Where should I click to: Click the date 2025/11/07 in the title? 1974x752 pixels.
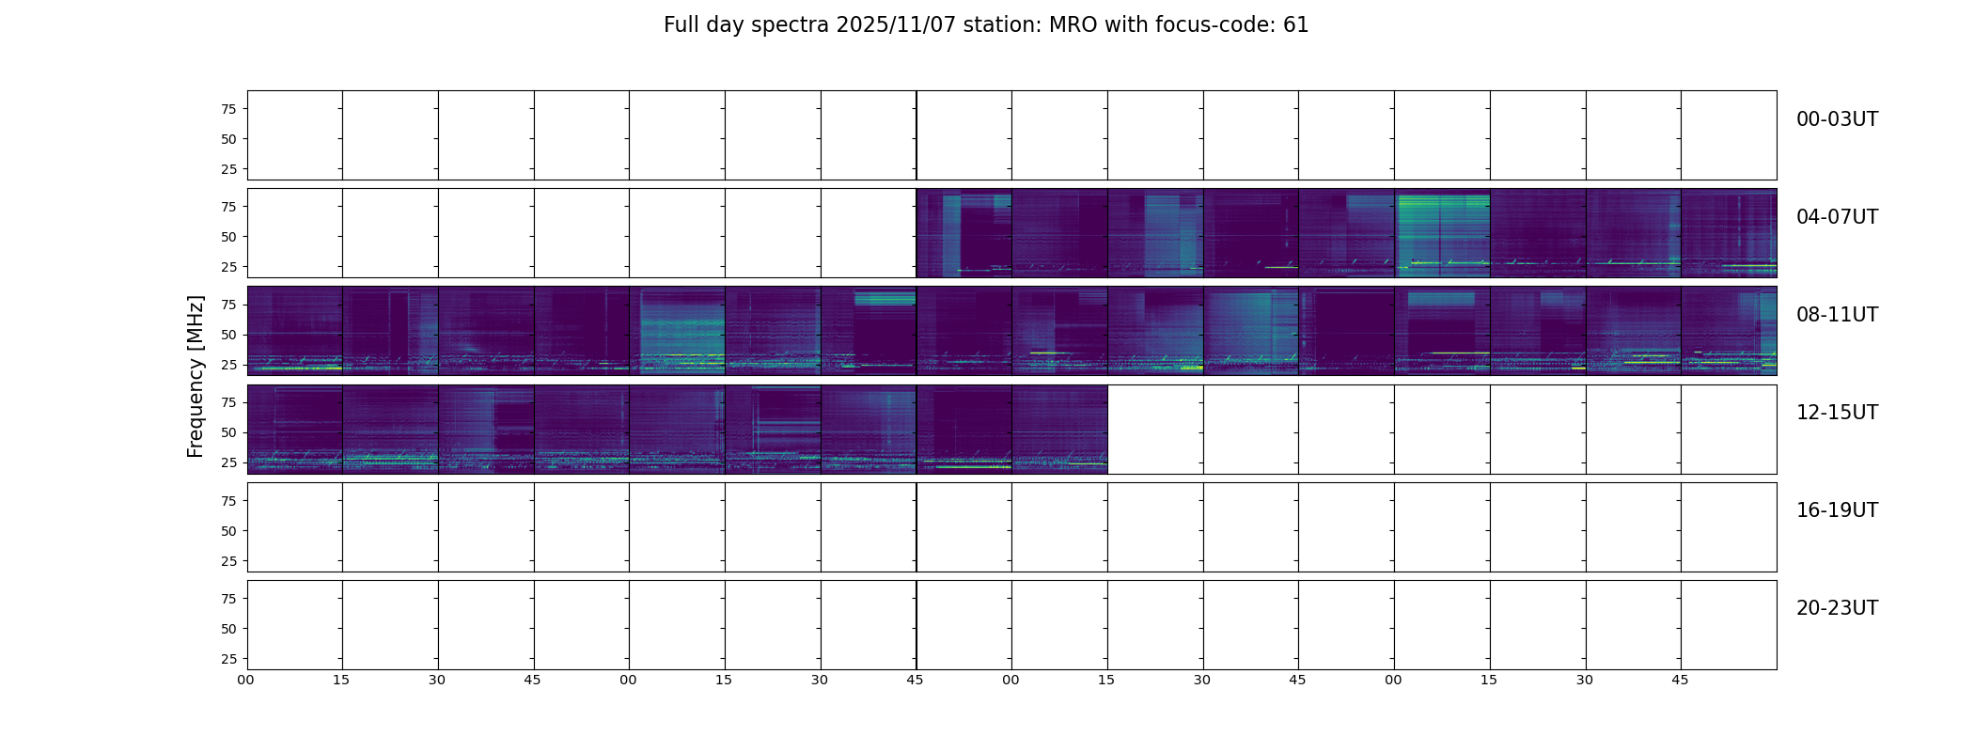[895, 25]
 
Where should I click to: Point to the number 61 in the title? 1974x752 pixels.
[1296, 25]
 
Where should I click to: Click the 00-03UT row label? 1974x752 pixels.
[1837, 119]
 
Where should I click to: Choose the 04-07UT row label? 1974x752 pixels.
[1837, 217]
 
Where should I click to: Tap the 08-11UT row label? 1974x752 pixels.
[1837, 315]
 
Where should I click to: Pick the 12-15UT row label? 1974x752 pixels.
[1837, 413]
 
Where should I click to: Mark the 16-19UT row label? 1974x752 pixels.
[1837, 510]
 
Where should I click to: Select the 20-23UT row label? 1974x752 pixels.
[1837, 608]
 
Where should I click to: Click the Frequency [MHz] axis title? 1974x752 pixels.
[196, 377]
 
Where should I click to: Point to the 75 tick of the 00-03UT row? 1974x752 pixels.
[228, 109]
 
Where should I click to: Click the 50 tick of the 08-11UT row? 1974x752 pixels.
[228, 335]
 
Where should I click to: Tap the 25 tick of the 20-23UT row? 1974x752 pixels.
[228, 659]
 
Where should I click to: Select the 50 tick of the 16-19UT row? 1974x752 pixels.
[228, 531]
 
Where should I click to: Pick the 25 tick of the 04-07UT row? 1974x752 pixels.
[228, 267]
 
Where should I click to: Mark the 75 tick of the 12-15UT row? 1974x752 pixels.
[228, 402]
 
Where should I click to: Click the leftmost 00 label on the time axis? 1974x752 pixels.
[245, 680]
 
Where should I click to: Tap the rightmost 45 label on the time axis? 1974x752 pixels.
[1680, 680]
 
